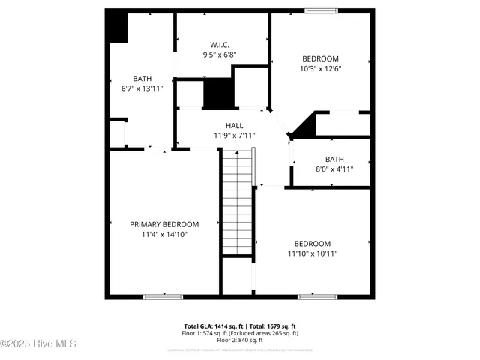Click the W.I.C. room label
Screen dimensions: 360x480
pos(220,44)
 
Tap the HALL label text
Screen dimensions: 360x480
pos(235,125)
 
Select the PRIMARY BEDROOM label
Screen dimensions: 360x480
pos(164,224)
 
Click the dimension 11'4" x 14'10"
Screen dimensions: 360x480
pos(164,234)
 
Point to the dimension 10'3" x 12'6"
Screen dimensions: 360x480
pos(320,69)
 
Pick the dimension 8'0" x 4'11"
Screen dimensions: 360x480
pos(334,169)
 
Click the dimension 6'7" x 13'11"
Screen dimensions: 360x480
pos(142,88)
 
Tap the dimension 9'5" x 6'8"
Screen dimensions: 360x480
pos(220,55)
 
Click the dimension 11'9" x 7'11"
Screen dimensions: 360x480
pos(235,136)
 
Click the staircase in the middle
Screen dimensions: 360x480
pos(236,202)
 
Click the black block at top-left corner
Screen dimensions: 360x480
pos(117,26)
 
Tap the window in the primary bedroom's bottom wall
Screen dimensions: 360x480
pos(163,297)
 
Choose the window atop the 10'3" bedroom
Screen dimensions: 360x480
pos(320,10)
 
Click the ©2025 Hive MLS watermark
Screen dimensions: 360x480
pos(38,343)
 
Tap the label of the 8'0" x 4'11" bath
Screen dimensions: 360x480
pos(334,159)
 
